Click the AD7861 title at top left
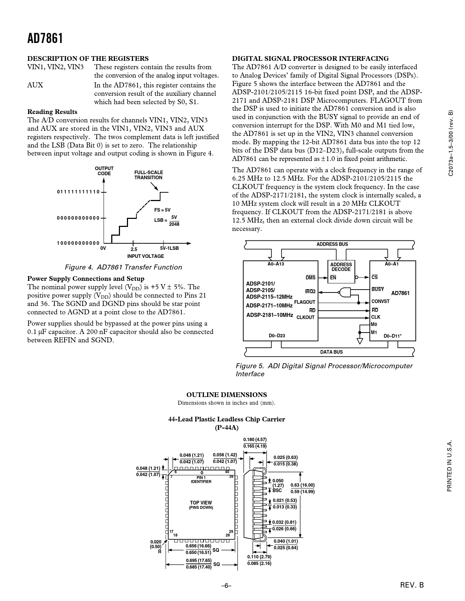tap(45, 38)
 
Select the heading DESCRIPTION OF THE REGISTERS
tap(88, 58)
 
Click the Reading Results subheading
tap(52, 112)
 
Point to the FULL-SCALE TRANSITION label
tap(148, 175)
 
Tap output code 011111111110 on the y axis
tap(78, 192)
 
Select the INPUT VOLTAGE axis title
tap(146, 256)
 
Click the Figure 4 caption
tap(123, 267)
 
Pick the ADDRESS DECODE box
tap(341, 271)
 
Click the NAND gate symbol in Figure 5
tap(344, 292)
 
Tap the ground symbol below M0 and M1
tap(360, 341)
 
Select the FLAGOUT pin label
tap(305, 302)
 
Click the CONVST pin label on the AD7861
tap(380, 302)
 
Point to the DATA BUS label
tap(331, 352)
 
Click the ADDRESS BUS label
tap(332, 244)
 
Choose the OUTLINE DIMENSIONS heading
tap(226, 395)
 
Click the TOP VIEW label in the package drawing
tap(201, 503)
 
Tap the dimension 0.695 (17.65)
tap(198, 561)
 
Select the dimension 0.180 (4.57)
tap(255, 440)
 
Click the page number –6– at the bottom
tap(226, 586)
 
